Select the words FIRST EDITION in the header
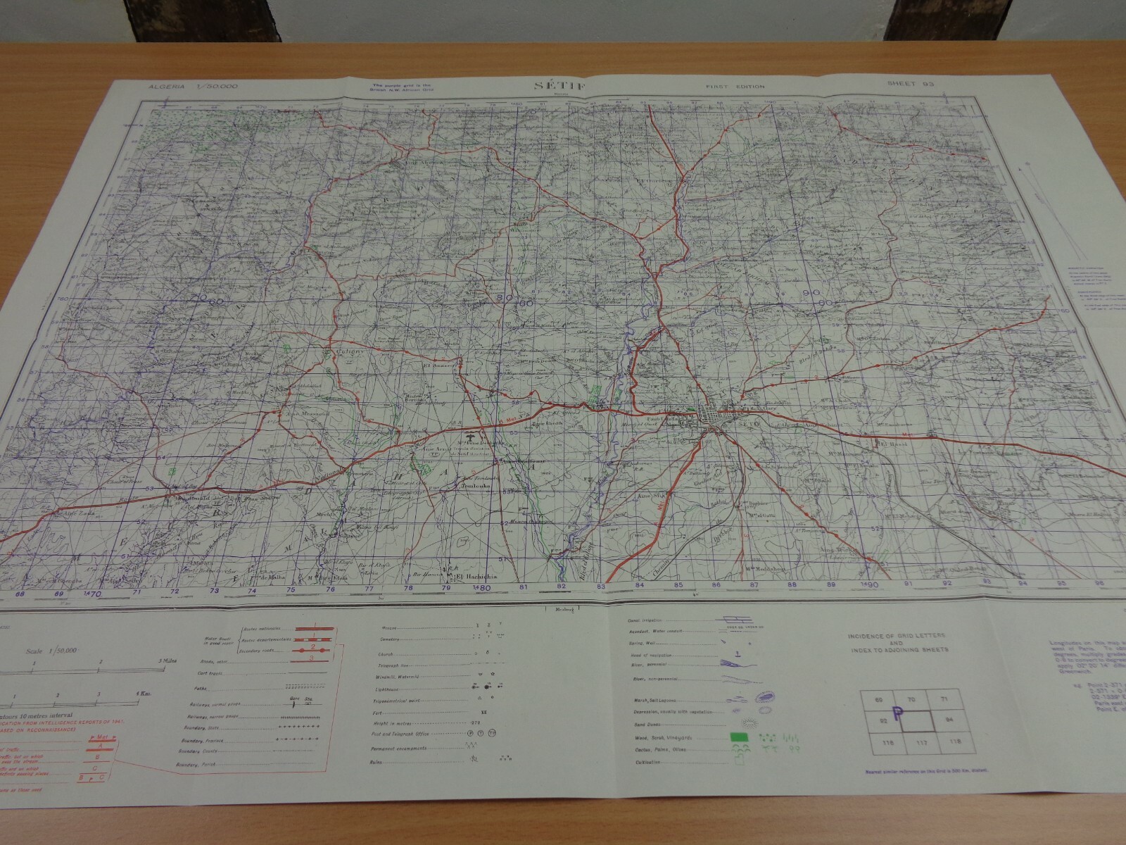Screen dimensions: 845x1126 click(735, 87)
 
